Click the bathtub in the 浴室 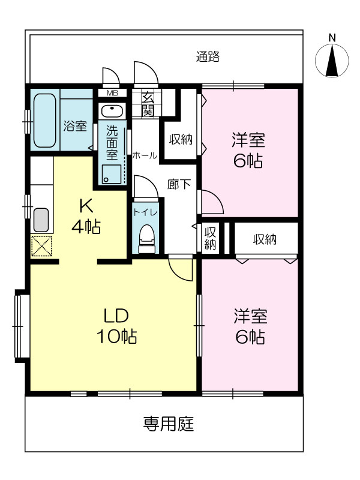point(44,120)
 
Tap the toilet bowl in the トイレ point(146,239)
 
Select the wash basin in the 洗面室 point(112,111)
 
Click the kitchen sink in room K point(41,220)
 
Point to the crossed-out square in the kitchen point(41,246)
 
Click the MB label point(112,94)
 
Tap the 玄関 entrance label point(147,104)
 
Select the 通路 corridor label point(208,56)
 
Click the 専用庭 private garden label point(169,424)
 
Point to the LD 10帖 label point(116,326)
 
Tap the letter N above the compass point(332,38)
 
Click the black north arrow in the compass point(332,61)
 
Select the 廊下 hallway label point(179,184)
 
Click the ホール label point(145,155)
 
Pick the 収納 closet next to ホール point(181,140)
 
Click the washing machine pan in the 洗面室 point(112,175)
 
